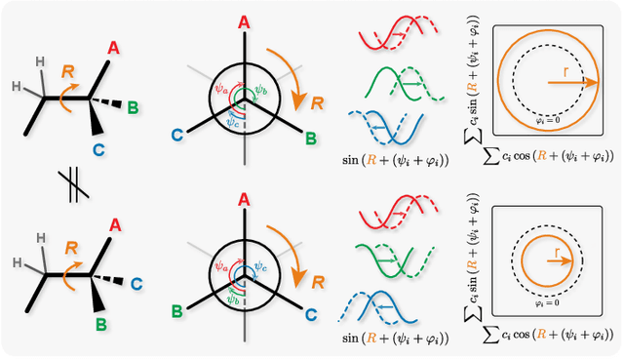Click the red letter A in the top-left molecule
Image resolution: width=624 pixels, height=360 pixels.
pyautogui.click(x=115, y=46)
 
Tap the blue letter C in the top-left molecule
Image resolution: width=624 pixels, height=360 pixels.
pyautogui.click(x=100, y=148)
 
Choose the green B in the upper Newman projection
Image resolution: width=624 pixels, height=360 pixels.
pyautogui.click(x=311, y=139)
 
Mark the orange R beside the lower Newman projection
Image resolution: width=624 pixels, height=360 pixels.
pyautogui.click(x=318, y=281)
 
